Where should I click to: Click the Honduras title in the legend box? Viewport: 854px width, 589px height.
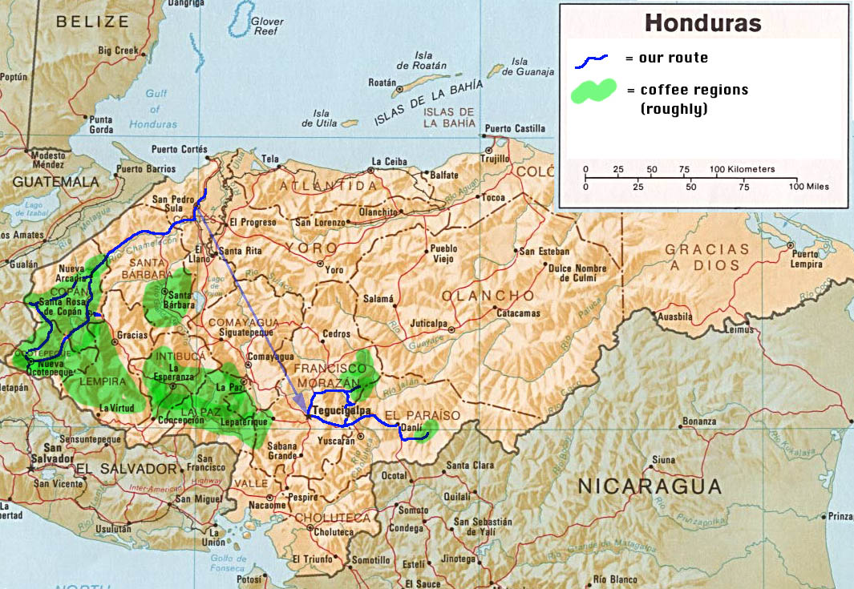(x=702, y=23)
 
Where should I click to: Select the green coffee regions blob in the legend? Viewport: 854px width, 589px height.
(x=593, y=91)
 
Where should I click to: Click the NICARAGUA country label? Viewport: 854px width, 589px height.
(x=650, y=485)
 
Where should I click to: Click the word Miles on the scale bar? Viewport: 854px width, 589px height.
(x=814, y=187)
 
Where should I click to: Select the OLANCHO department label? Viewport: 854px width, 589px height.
(x=477, y=295)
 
